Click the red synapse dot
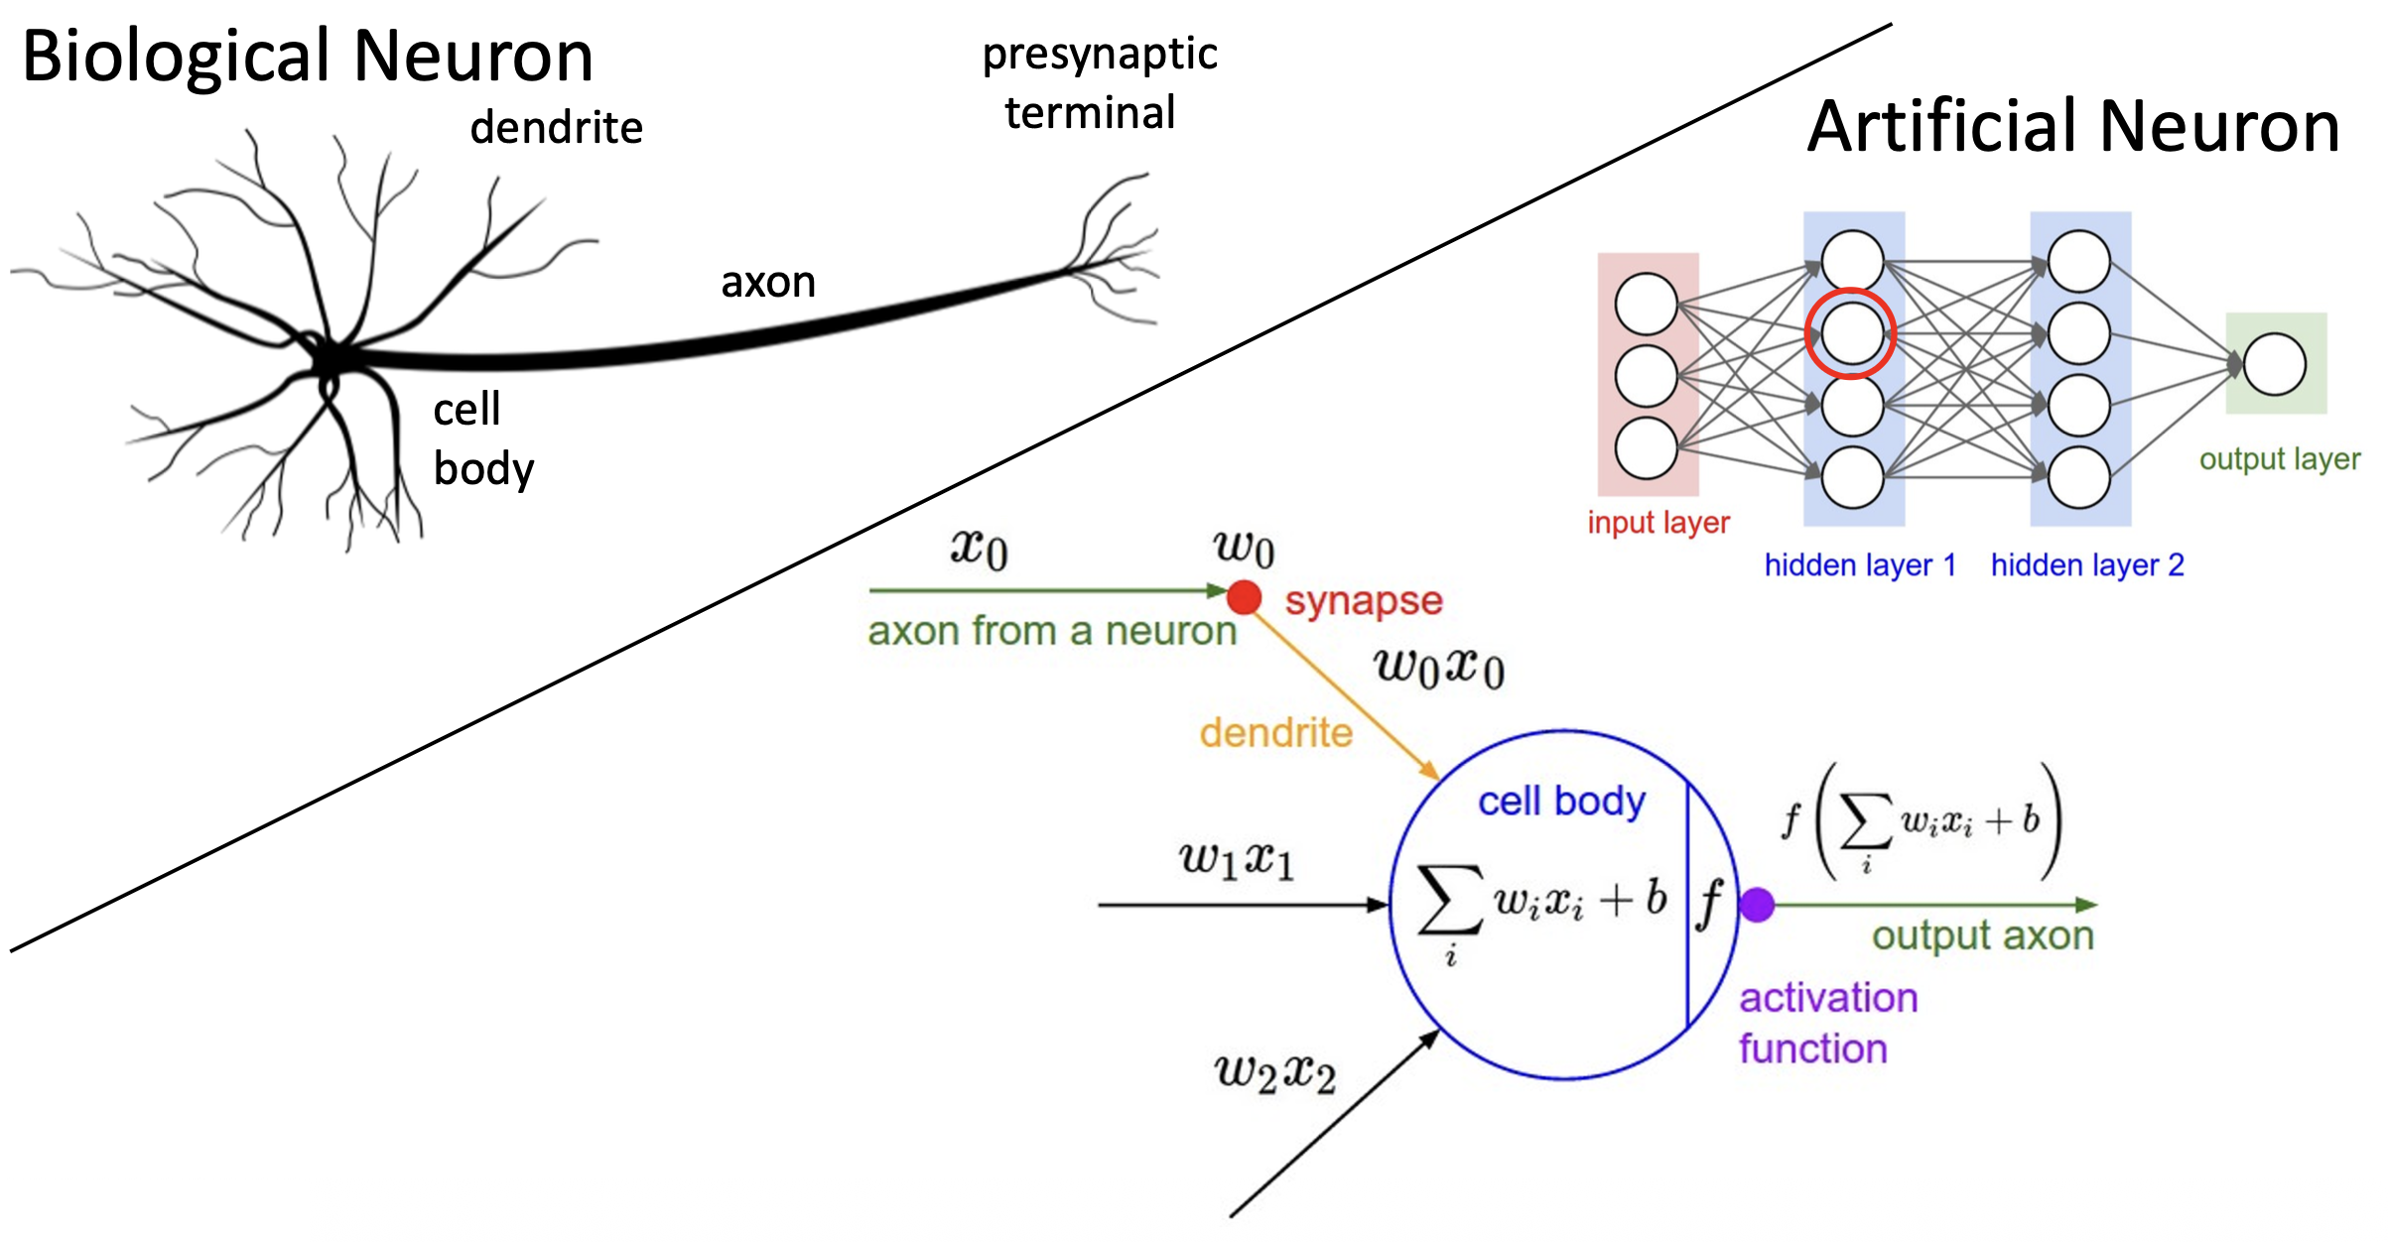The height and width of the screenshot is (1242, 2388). (1244, 597)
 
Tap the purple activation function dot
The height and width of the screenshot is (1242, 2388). (1757, 905)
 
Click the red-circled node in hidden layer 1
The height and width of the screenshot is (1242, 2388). (1851, 333)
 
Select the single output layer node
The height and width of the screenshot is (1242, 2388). (2275, 364)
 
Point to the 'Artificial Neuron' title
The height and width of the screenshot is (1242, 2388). (2073, 127)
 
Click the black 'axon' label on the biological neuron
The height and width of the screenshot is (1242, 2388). (768, 283)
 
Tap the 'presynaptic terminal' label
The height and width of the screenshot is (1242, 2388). (1098, 83)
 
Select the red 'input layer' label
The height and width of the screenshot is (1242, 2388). (1658, 523)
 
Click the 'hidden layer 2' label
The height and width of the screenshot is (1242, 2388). (2087, 565)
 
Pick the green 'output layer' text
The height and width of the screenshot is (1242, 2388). (2279, 459)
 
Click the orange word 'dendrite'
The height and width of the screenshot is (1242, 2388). (1275, 733)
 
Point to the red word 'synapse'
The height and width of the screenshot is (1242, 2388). (1363, 601)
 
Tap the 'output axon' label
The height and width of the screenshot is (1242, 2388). (1982, 936)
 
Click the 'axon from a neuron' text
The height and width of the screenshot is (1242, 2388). (1052, 631)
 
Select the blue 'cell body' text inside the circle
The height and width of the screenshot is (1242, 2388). (1561, 802)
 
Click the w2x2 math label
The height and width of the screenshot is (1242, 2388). (1274, 1073)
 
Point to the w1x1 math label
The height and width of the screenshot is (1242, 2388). (1237, 859)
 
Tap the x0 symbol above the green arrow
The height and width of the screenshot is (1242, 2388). (980, 548)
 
